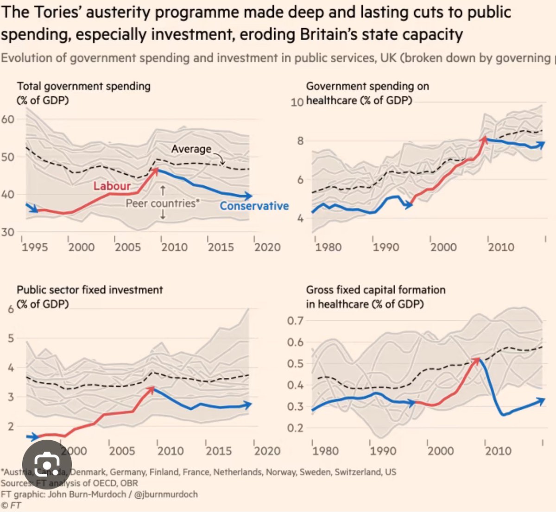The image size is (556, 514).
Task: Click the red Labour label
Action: click(112, 186)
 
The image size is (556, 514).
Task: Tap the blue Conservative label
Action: click(254, 206)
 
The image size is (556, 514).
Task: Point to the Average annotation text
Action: click(191, 149)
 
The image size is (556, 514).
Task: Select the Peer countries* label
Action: click(163, 203)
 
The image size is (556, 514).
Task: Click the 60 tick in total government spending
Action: click(7, 119)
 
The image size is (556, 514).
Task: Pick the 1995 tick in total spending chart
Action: click(35, 247)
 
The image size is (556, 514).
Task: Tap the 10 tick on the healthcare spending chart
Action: click(297, 102)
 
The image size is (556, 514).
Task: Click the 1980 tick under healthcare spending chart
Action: click(328, 247)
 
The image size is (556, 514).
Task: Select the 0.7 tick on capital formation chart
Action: click(295, 321)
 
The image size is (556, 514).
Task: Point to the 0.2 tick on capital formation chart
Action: click(295, 428)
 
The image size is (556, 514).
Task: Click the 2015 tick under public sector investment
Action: click(219, 451)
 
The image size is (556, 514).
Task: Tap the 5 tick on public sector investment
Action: click(11, 338)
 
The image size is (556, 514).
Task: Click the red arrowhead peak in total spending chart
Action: click(156, 170)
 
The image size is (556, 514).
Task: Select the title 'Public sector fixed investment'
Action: click(90, 290)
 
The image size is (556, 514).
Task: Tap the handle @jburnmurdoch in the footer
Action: click(166, 494)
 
